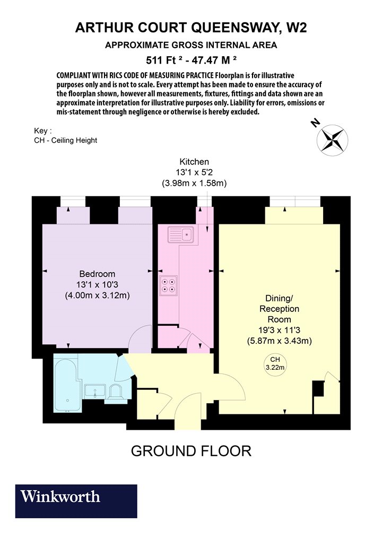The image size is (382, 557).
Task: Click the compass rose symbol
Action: [x=332, y=140]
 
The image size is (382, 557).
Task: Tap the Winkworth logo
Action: [x=76, y=501]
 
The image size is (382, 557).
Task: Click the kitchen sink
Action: [x=181, y=234]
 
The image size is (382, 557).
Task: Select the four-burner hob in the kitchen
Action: [x=168, y=285]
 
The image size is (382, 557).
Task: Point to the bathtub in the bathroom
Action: [x=66, y=386]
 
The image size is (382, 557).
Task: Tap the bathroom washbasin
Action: [x=94, y=391]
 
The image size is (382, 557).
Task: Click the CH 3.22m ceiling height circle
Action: [x=275, y=364]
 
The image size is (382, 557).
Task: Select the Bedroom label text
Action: [x=97, y=274]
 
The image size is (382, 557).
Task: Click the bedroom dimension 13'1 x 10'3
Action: [x=97, y=284]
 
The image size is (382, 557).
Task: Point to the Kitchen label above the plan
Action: [x=194, y=162]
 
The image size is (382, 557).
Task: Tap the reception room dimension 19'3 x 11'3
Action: [x=279, y=330]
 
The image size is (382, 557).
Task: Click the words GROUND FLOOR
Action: [x=191, y=451]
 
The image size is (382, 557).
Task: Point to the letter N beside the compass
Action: [x=315, y=123]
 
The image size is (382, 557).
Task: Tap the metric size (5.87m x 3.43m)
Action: [x=279, y=341]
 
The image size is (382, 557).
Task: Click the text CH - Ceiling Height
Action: [x=65, y=141]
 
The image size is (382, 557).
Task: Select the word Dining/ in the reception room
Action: [x=279, y=298]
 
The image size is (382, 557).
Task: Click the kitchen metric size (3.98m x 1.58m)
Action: [x=194, y=184]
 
